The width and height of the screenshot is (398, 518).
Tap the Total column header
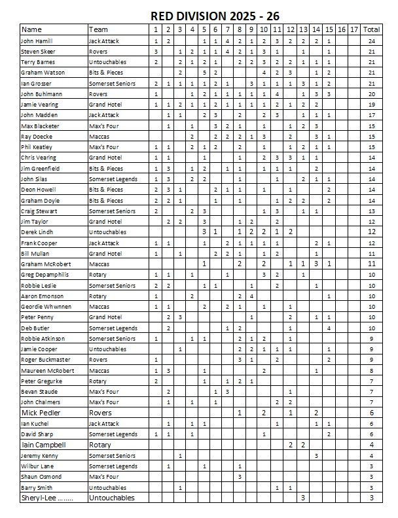(x=371, y=29)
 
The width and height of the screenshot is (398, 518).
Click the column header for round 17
(x=353, y=29)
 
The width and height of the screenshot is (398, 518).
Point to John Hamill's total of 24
(x=371, y=41)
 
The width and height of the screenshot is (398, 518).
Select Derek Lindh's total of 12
(x=371, y=232)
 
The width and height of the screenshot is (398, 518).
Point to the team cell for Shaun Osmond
(x=105, y=477)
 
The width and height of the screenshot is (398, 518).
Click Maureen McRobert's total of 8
(x=371, y=370)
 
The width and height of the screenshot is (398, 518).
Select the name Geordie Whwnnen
(x=48, y=307)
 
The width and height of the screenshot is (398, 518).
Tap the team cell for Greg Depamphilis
(x=99, y=275)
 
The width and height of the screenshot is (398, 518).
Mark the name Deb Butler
(x=37, y=328)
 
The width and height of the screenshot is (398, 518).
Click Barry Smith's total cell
(x=371, y=487)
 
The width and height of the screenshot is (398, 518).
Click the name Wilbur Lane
(x=39, y=466)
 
